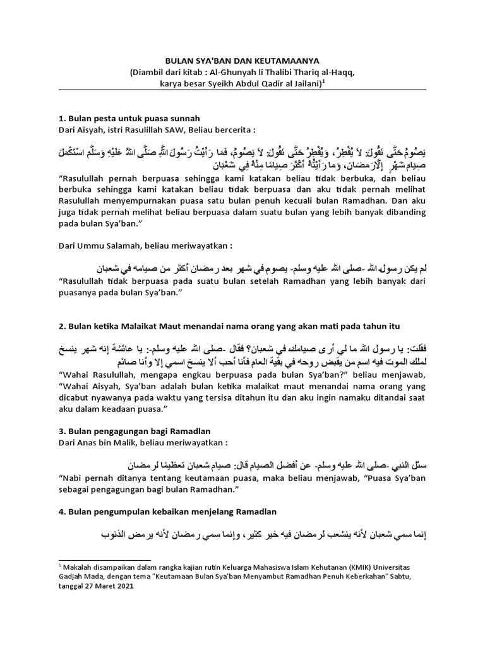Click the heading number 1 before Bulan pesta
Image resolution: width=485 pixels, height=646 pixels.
(x=61, y=118)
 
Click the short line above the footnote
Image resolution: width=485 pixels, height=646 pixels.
(x=105, y=559)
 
